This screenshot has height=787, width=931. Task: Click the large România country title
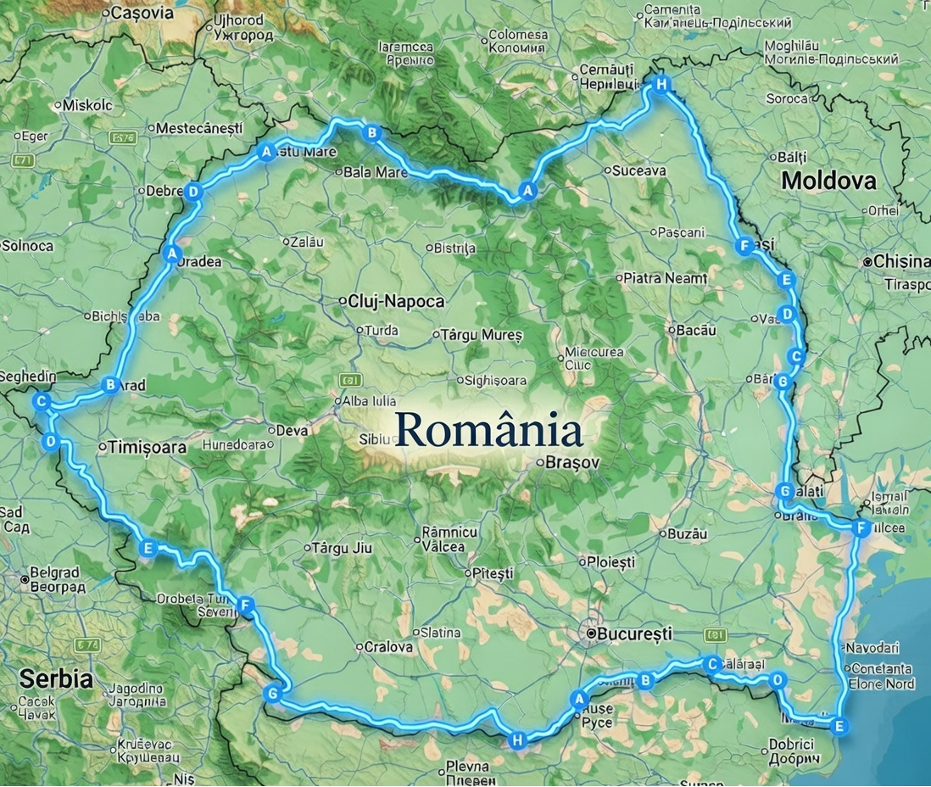[488, 430]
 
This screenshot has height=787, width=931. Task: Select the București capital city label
[634, 634]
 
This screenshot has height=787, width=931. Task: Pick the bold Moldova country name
[828, 180]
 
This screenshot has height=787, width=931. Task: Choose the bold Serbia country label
[55, 678]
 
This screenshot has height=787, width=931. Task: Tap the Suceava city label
[641, 170]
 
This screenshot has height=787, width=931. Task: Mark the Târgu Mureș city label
[481, 335]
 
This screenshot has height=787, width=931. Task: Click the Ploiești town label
[610, 561]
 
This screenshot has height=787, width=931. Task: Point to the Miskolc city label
[88, 104]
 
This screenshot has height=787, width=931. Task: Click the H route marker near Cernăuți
[661, 83]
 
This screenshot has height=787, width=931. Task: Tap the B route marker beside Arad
[109, 385]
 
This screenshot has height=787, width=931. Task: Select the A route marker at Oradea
[171, 253]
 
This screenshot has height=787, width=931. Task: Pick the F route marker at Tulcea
[861, 528]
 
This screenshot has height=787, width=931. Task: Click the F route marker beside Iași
[744, 246]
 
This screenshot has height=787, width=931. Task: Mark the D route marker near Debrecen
[193, 192]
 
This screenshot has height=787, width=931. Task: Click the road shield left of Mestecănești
[122, 137]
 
